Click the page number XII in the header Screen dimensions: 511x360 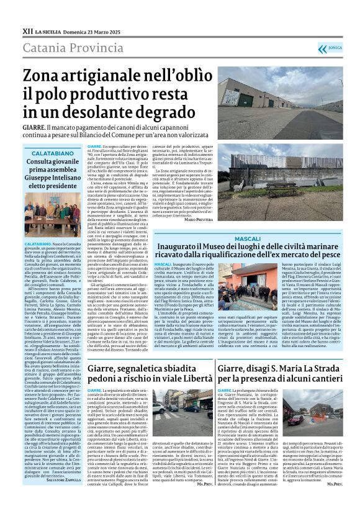(29, 30)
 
